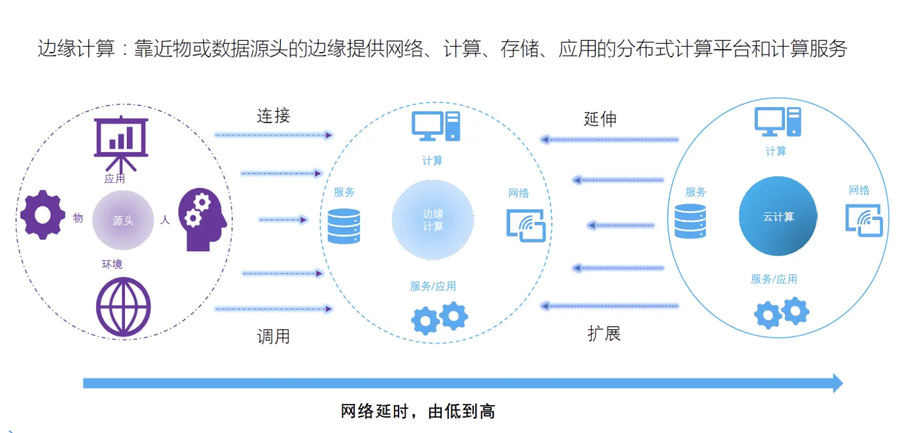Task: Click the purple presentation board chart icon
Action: point(121,142)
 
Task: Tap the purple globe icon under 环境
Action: point(124,306)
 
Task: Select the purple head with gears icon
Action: point(202,219)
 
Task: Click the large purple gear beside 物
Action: point(43,215)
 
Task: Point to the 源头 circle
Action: point(123,220)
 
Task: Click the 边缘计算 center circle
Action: point(433,220)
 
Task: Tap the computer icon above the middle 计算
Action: point(436,126)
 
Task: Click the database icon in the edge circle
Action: point(344,226)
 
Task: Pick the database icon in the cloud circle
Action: point(690,221)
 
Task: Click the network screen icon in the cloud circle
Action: point(864,220)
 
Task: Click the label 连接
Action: point(274,115)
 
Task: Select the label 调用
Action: point(274,336)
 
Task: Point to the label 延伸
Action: point(600,118)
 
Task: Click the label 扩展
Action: point(604,333)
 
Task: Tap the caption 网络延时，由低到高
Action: point(418,412)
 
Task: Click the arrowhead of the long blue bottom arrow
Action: point(837,383)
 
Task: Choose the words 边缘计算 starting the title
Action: point(76,49)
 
